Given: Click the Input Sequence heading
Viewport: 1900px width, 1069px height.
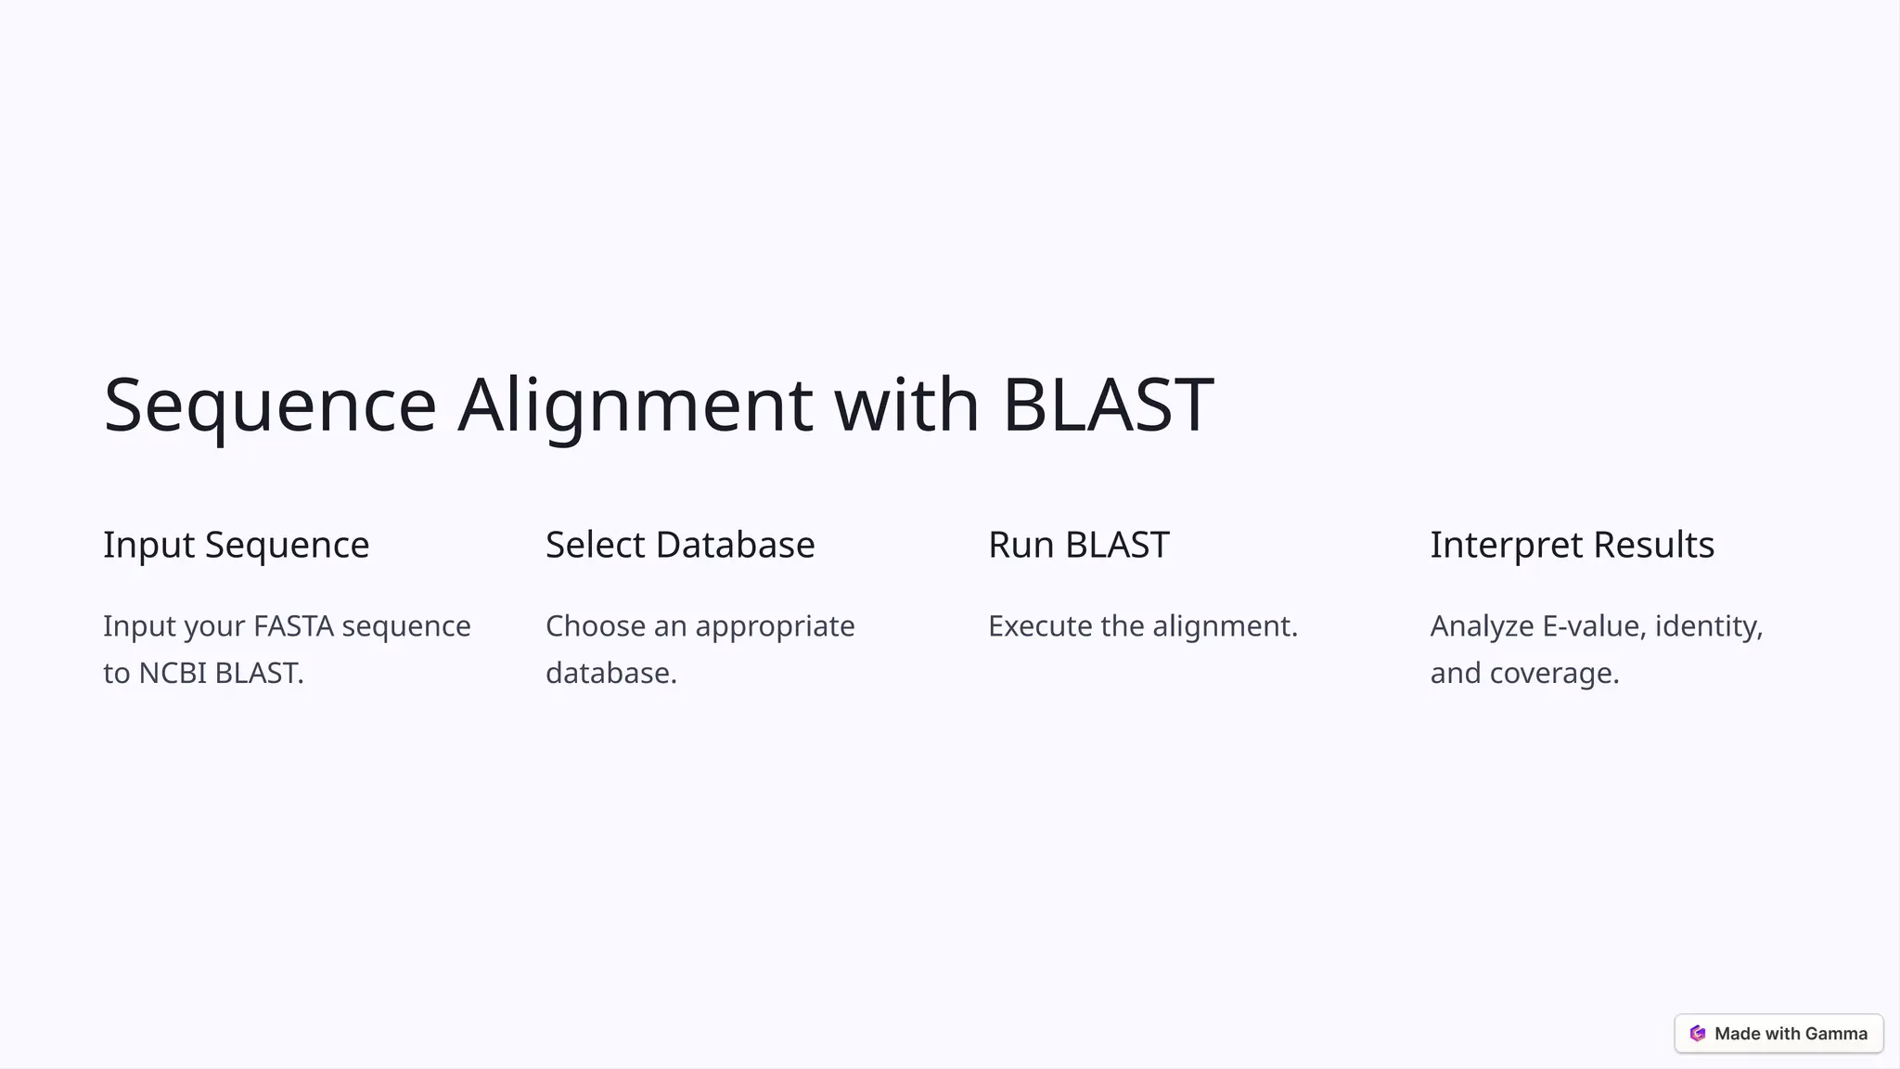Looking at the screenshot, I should point(236,545).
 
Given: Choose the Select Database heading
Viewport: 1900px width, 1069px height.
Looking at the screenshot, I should point(680,545).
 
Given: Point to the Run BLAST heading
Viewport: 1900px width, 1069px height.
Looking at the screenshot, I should point(1078,545).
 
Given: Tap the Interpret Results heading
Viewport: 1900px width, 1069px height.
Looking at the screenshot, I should point(1572,545).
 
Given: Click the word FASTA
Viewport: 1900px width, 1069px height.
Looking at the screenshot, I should point(293,626).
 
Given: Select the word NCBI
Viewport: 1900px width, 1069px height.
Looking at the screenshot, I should point(173,673).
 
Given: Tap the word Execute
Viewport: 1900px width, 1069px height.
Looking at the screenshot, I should point(1040,626).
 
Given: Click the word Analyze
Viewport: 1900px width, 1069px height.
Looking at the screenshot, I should point(1482,626).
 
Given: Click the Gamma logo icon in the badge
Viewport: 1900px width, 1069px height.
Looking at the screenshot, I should point(1698,1034).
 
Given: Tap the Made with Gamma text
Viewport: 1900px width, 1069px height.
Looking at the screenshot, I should point(1791,1034).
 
